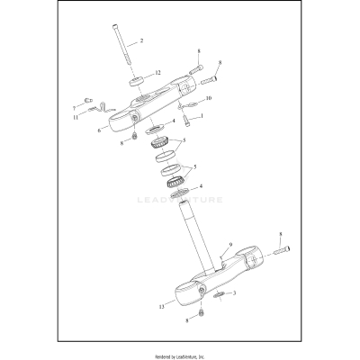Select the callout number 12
[x=158, y=72]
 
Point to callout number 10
[x=209, y=98]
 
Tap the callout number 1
[x=201, y=116]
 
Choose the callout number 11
[x=75, y=117]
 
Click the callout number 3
[x=234, y=293]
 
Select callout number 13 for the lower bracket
[x=161, y=307]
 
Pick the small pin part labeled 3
[x=220, y=294]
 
